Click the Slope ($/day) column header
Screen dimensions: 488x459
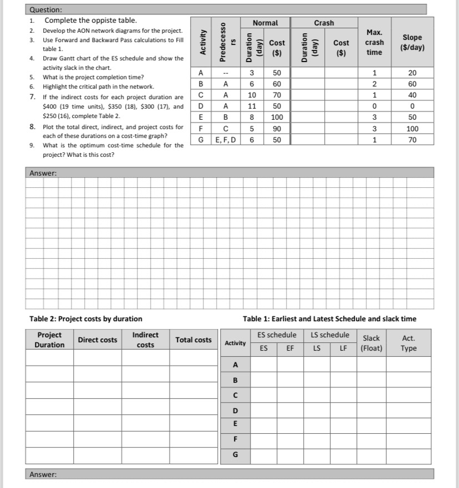click(411, 42)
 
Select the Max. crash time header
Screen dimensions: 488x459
click(374, 42)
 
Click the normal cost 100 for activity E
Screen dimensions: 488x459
click(277, 117)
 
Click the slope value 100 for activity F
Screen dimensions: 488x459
click(411, 129)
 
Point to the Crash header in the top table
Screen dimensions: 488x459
click(324, 23)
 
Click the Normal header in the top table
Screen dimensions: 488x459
click(265, 23)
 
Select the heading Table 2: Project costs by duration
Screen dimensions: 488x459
click(85, 319)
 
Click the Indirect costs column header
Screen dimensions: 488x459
click(145, 340)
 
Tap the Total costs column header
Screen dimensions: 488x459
click(193, 340)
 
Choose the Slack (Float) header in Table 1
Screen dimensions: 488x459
click(371, 343)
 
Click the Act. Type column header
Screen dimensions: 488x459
click(409, 343)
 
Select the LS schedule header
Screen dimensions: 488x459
click(330, 335)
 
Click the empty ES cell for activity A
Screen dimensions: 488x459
click(263, 364)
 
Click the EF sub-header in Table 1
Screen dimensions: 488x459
click(290, 348)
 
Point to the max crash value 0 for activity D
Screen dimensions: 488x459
click(374, 106)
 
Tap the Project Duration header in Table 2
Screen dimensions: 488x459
click(49, 340)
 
